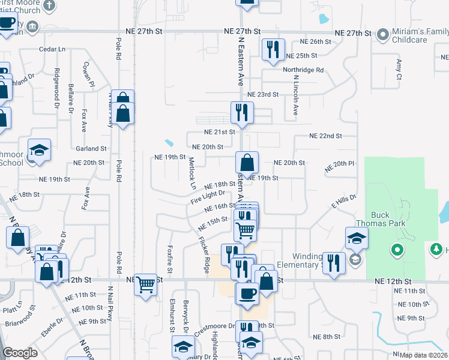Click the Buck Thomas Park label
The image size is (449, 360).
(388, 219)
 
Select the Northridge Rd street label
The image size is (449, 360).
(304, 70)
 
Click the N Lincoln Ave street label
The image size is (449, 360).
(295, 98)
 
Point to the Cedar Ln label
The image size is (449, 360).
(52, 49)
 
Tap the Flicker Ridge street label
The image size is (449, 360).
(205, 252)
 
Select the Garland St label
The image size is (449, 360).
(91, 148)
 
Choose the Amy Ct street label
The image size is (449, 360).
(399, 68)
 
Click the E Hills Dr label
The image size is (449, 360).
(344, 201)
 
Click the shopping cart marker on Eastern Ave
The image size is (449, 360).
(245, 229)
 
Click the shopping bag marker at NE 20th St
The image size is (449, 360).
(247, 162)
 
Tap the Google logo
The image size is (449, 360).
(20, 353)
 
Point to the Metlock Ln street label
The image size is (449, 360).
(192, 170)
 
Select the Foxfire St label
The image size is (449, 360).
(170, 260)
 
